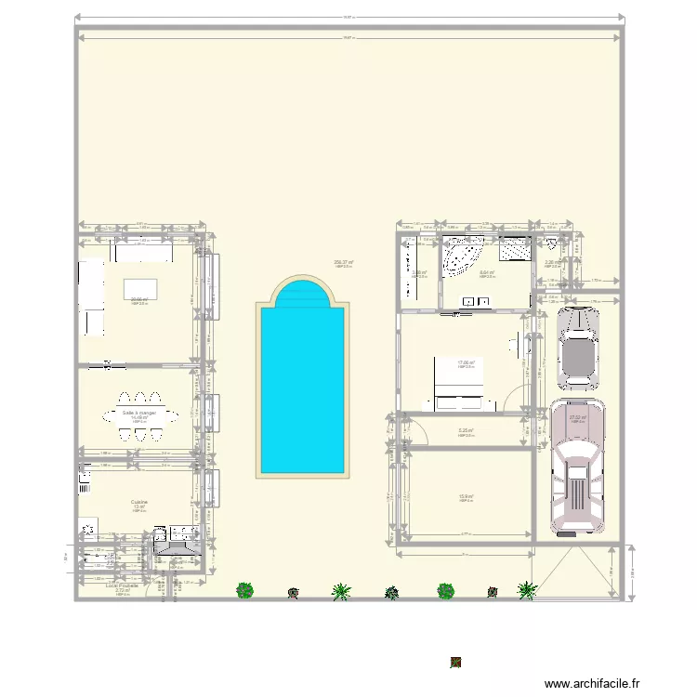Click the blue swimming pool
click(x=304, y=390)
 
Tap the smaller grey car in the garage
click(x=577, y=347)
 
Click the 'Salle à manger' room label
click(x=139, y=412)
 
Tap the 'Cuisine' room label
click(x=139, y=501)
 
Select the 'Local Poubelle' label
click(x=122, y=586)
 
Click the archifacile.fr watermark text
click(x=592, y=683)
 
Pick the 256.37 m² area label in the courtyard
click(x=343, y=262)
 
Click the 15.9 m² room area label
click(x=466, y=496)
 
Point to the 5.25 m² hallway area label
click(x=466, y=430)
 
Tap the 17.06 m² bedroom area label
click(x=466, y=362)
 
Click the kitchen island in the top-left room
click(x=139, y=288)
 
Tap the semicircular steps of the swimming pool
click(x=304, y=293)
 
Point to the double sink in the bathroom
click(x=480, y=301)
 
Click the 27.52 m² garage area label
click(x=577, y=417)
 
